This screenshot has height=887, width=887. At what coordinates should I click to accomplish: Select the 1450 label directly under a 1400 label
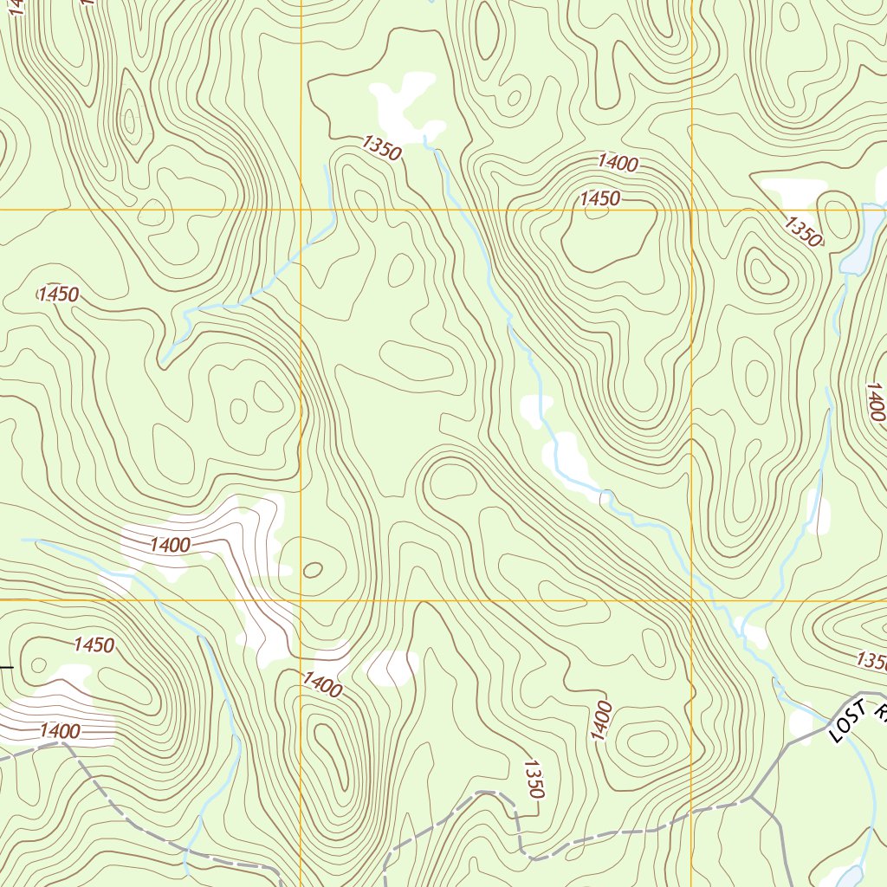tap(600, 198)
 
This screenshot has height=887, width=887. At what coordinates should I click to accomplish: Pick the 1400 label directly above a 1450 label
tap(618, 163)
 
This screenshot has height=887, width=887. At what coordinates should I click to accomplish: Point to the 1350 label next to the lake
tap(803, 231)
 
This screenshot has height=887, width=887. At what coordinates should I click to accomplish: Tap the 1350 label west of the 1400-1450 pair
tap(381, 149)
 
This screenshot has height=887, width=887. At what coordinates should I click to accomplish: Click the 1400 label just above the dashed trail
tap(60, 731)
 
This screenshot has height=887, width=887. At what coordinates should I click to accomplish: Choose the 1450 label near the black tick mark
tap(94, 644)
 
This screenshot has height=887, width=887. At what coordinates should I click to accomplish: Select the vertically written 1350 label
tap(534, 779)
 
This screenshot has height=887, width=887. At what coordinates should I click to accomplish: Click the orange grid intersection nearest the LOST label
tap(692, 599)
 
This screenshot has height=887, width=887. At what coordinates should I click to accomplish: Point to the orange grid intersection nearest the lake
tap(692, 210)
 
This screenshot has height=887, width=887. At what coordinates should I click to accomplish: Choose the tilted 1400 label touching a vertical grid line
tap(322, 685)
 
